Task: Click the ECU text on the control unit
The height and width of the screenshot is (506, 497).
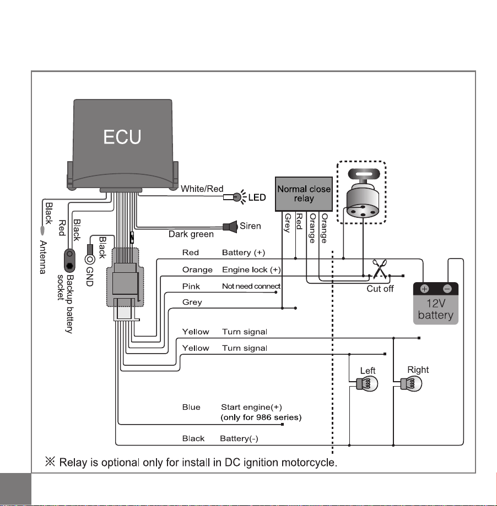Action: pos(122,137)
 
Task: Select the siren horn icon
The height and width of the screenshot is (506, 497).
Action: pos(230,227)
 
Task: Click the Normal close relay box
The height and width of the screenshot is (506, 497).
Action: pos(304,194)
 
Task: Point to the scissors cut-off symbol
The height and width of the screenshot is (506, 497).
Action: pos(379,269)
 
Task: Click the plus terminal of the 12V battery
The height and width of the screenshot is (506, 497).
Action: pos(425,289)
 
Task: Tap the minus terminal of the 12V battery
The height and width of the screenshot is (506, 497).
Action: pos(447,289)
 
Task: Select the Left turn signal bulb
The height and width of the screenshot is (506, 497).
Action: pos(366,384)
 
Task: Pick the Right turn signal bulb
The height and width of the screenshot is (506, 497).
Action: pos(411,384)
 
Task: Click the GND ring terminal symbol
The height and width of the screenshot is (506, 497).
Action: pos(90,260)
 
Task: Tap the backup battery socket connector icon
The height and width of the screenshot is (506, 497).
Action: pos(69,260)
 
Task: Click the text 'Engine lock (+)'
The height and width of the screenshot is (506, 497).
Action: pos(251,270)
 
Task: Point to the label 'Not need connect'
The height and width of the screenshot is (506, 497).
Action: pos(251,286)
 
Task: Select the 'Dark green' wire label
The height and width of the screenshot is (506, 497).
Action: pos(191,234)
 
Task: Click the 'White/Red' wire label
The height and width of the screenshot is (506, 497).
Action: pos(202,189)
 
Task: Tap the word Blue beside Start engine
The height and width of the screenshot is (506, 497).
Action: pos(191,407)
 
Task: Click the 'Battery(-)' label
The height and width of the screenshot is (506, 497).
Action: pos(239,438)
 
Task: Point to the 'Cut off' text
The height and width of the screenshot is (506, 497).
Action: pos(380,289)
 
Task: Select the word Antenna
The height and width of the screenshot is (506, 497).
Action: pos(43,257)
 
